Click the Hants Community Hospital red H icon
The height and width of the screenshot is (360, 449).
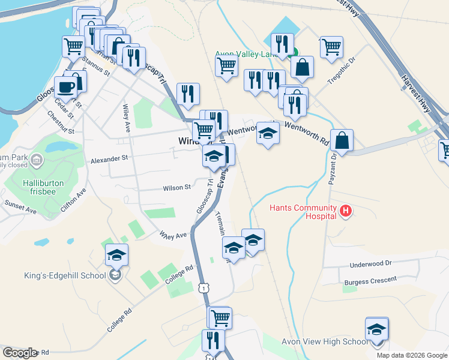346,211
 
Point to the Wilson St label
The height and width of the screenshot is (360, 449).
176,188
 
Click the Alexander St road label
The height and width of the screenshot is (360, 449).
109,159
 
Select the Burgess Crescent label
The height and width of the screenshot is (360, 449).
370,280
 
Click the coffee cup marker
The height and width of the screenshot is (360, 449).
65,87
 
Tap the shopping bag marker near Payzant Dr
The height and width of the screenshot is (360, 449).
342,141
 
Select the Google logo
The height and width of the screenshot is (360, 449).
20,353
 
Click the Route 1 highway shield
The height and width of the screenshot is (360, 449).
205,289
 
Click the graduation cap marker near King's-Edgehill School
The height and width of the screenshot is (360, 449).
117,256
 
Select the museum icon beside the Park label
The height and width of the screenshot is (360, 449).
37,160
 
